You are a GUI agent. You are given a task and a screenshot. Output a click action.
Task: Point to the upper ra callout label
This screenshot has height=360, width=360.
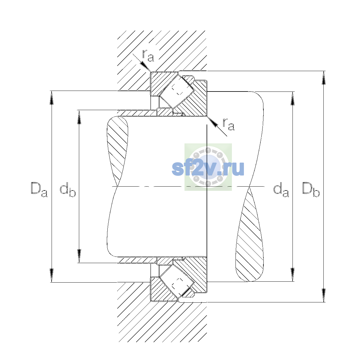coord(148,56)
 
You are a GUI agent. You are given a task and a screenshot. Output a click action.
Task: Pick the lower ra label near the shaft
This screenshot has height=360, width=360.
coord(229,124)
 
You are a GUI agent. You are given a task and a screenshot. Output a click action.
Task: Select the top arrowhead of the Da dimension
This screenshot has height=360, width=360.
coord(52,98)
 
